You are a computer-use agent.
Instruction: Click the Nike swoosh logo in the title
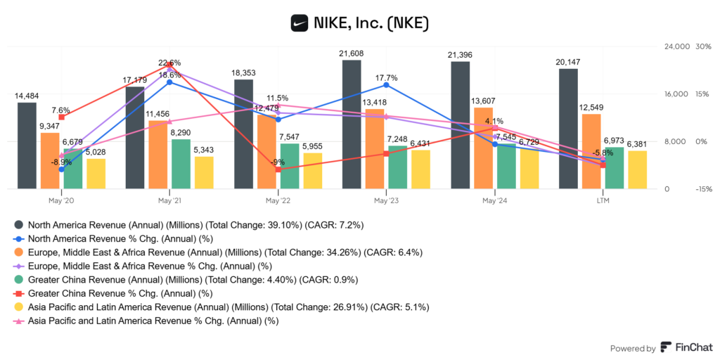tap(300, 22)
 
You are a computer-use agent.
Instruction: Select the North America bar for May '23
tap(352, 124)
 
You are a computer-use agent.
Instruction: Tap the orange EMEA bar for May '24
tap(483, 148)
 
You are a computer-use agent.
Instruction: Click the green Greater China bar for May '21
tap(181, 164)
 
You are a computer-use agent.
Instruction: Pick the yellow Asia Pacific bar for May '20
tap(96, 174)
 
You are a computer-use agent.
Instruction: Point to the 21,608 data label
tap(352, 53)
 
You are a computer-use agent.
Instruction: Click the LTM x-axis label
tap(603, 200)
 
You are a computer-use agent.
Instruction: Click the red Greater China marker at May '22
tap(278, 169)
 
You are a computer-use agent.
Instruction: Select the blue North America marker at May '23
tap(386, 85)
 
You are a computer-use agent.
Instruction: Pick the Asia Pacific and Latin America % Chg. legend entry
tap(153, 321)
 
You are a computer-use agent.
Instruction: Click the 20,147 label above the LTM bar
tap(568, 62)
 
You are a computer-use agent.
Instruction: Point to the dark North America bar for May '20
tap(27, 146)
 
